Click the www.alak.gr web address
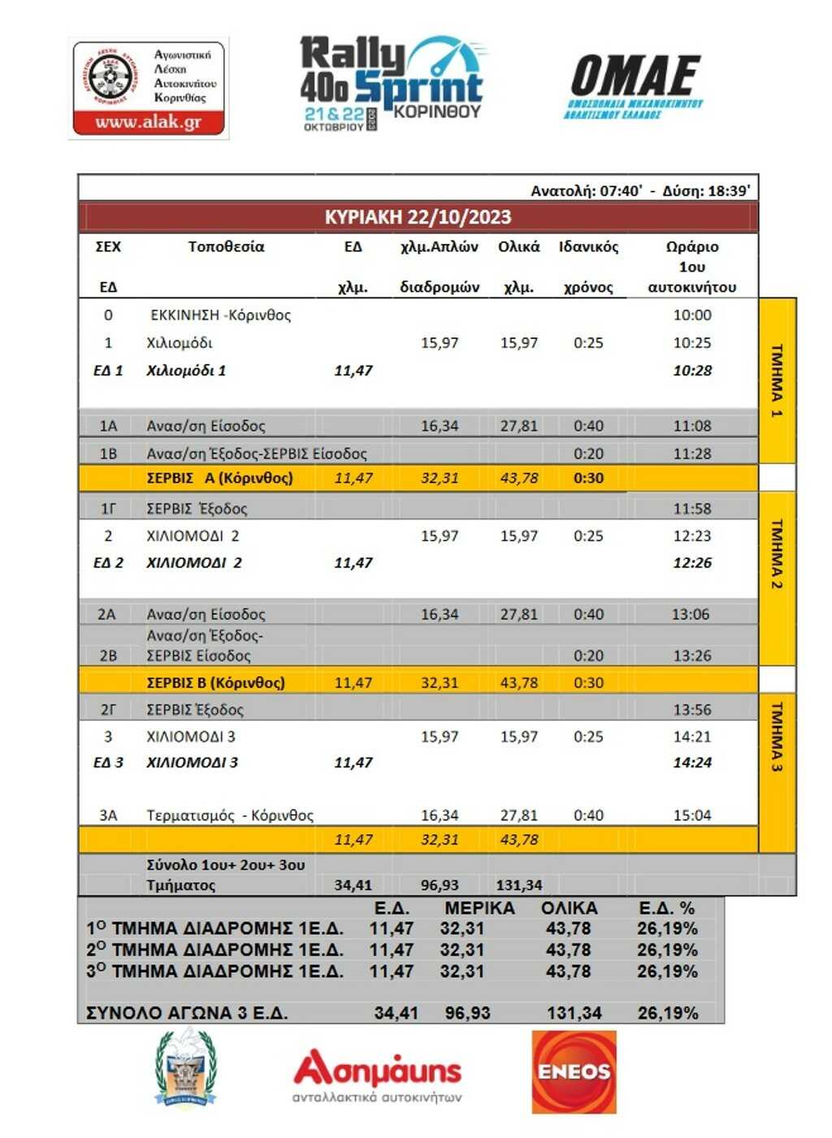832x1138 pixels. (148, 123)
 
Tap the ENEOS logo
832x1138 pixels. (574, 1071)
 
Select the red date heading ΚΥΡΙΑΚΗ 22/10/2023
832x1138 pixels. (418, 217)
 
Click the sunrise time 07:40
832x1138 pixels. (622, 191)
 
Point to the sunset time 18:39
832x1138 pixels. (729, 191)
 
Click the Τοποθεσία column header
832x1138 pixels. (226, 247)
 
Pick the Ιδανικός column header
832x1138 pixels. (588, 247)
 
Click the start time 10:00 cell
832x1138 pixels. (692, 315)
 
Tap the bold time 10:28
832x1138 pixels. (692, 371)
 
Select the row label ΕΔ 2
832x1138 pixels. (108, 562)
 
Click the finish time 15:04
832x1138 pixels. (692, 815)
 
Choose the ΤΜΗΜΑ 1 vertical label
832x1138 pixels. (777, 380)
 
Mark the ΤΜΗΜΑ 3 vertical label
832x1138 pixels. (777, 736)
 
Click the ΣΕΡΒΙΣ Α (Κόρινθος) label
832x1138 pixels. (219, 478)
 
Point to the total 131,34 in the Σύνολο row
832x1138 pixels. (519, 885)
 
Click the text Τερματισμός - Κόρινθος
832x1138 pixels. (230, 815)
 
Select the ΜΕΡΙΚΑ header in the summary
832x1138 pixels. (479, 909)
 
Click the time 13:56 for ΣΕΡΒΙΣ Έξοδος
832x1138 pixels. (692, 710)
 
